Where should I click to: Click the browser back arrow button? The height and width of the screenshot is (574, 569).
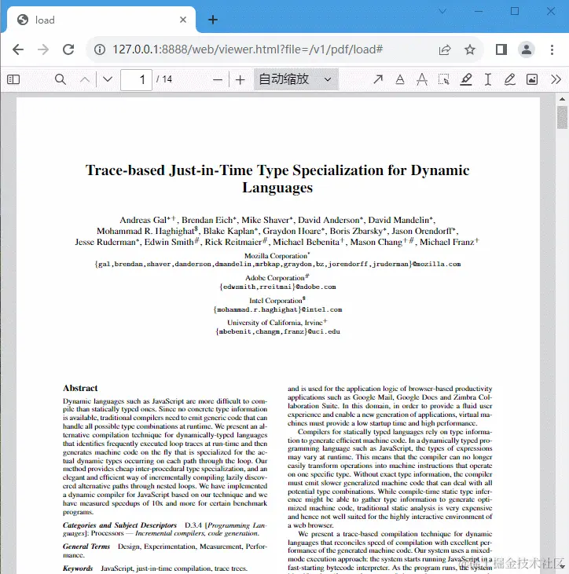17,49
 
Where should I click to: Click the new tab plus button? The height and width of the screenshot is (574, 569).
213,20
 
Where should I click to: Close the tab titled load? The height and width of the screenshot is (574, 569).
183,20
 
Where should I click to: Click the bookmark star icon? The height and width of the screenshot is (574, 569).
470,49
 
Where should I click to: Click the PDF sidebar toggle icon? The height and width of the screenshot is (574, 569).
13,79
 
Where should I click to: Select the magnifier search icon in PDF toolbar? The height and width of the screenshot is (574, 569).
61,79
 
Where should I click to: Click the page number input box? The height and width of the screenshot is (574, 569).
136,79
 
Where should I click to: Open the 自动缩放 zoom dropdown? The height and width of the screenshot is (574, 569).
296,79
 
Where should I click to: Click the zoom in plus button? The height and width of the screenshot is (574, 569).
240,79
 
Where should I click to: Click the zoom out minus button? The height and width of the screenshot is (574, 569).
218,79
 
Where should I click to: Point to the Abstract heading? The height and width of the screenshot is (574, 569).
80,388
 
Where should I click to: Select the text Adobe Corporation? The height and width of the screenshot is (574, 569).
273,278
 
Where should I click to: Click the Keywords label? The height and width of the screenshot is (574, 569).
78,569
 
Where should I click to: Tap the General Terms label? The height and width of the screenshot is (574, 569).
86,547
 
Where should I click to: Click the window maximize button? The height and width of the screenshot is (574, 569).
515,11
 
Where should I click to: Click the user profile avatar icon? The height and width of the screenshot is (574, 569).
527,49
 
